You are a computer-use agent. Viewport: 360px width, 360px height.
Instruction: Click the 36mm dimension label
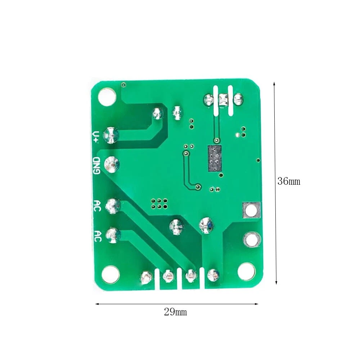(289, 181)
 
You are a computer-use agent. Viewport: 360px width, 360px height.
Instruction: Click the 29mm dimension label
(175, 312)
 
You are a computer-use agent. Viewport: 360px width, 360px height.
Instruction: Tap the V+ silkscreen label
(96, 137)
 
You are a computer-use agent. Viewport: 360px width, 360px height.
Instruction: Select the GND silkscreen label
(96, 166)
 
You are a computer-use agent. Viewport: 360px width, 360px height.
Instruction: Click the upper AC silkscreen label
(97, 206)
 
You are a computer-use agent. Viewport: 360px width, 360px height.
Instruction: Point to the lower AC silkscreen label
(98, 236)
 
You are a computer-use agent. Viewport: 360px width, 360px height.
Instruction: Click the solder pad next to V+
(111, 135)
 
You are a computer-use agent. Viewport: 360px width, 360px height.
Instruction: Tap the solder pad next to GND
(112, 165)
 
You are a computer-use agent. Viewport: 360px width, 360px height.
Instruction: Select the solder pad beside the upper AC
(113, 206)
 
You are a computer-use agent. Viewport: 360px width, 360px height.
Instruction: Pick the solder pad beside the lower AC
(113, 235)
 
